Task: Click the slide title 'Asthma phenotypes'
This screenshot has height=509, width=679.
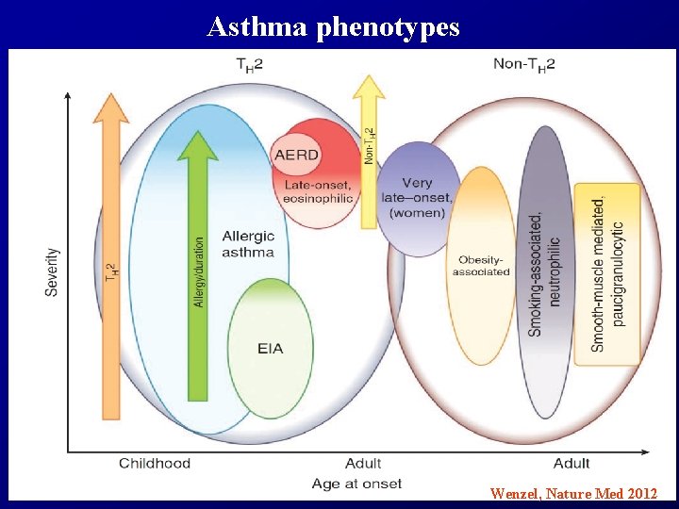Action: (333, 26)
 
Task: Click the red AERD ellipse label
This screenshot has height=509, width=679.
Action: (296, 155)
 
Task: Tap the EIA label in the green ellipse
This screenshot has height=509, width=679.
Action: (270, 349)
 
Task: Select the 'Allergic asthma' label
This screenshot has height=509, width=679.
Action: (248, 243)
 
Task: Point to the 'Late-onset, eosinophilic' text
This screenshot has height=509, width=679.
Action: (319, 191)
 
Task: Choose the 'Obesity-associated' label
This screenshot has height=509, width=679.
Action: (481, 266)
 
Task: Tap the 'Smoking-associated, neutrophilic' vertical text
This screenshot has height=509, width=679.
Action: (544, 273)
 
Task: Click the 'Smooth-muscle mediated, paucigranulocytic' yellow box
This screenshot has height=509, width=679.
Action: (607, 273)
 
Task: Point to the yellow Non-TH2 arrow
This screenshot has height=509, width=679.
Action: (369, 151)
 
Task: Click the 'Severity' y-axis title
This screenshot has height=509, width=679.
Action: (52, 272)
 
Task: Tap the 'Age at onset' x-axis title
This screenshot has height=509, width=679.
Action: (356, 484)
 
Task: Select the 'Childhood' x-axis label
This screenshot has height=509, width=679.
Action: (155, 463)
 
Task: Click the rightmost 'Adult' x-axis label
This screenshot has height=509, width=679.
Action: (571, 463)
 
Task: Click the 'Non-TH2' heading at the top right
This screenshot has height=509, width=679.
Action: (524, 64)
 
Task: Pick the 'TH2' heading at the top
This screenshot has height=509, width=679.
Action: (249, 64)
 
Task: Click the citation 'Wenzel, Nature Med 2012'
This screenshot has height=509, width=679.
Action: (573, 492)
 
